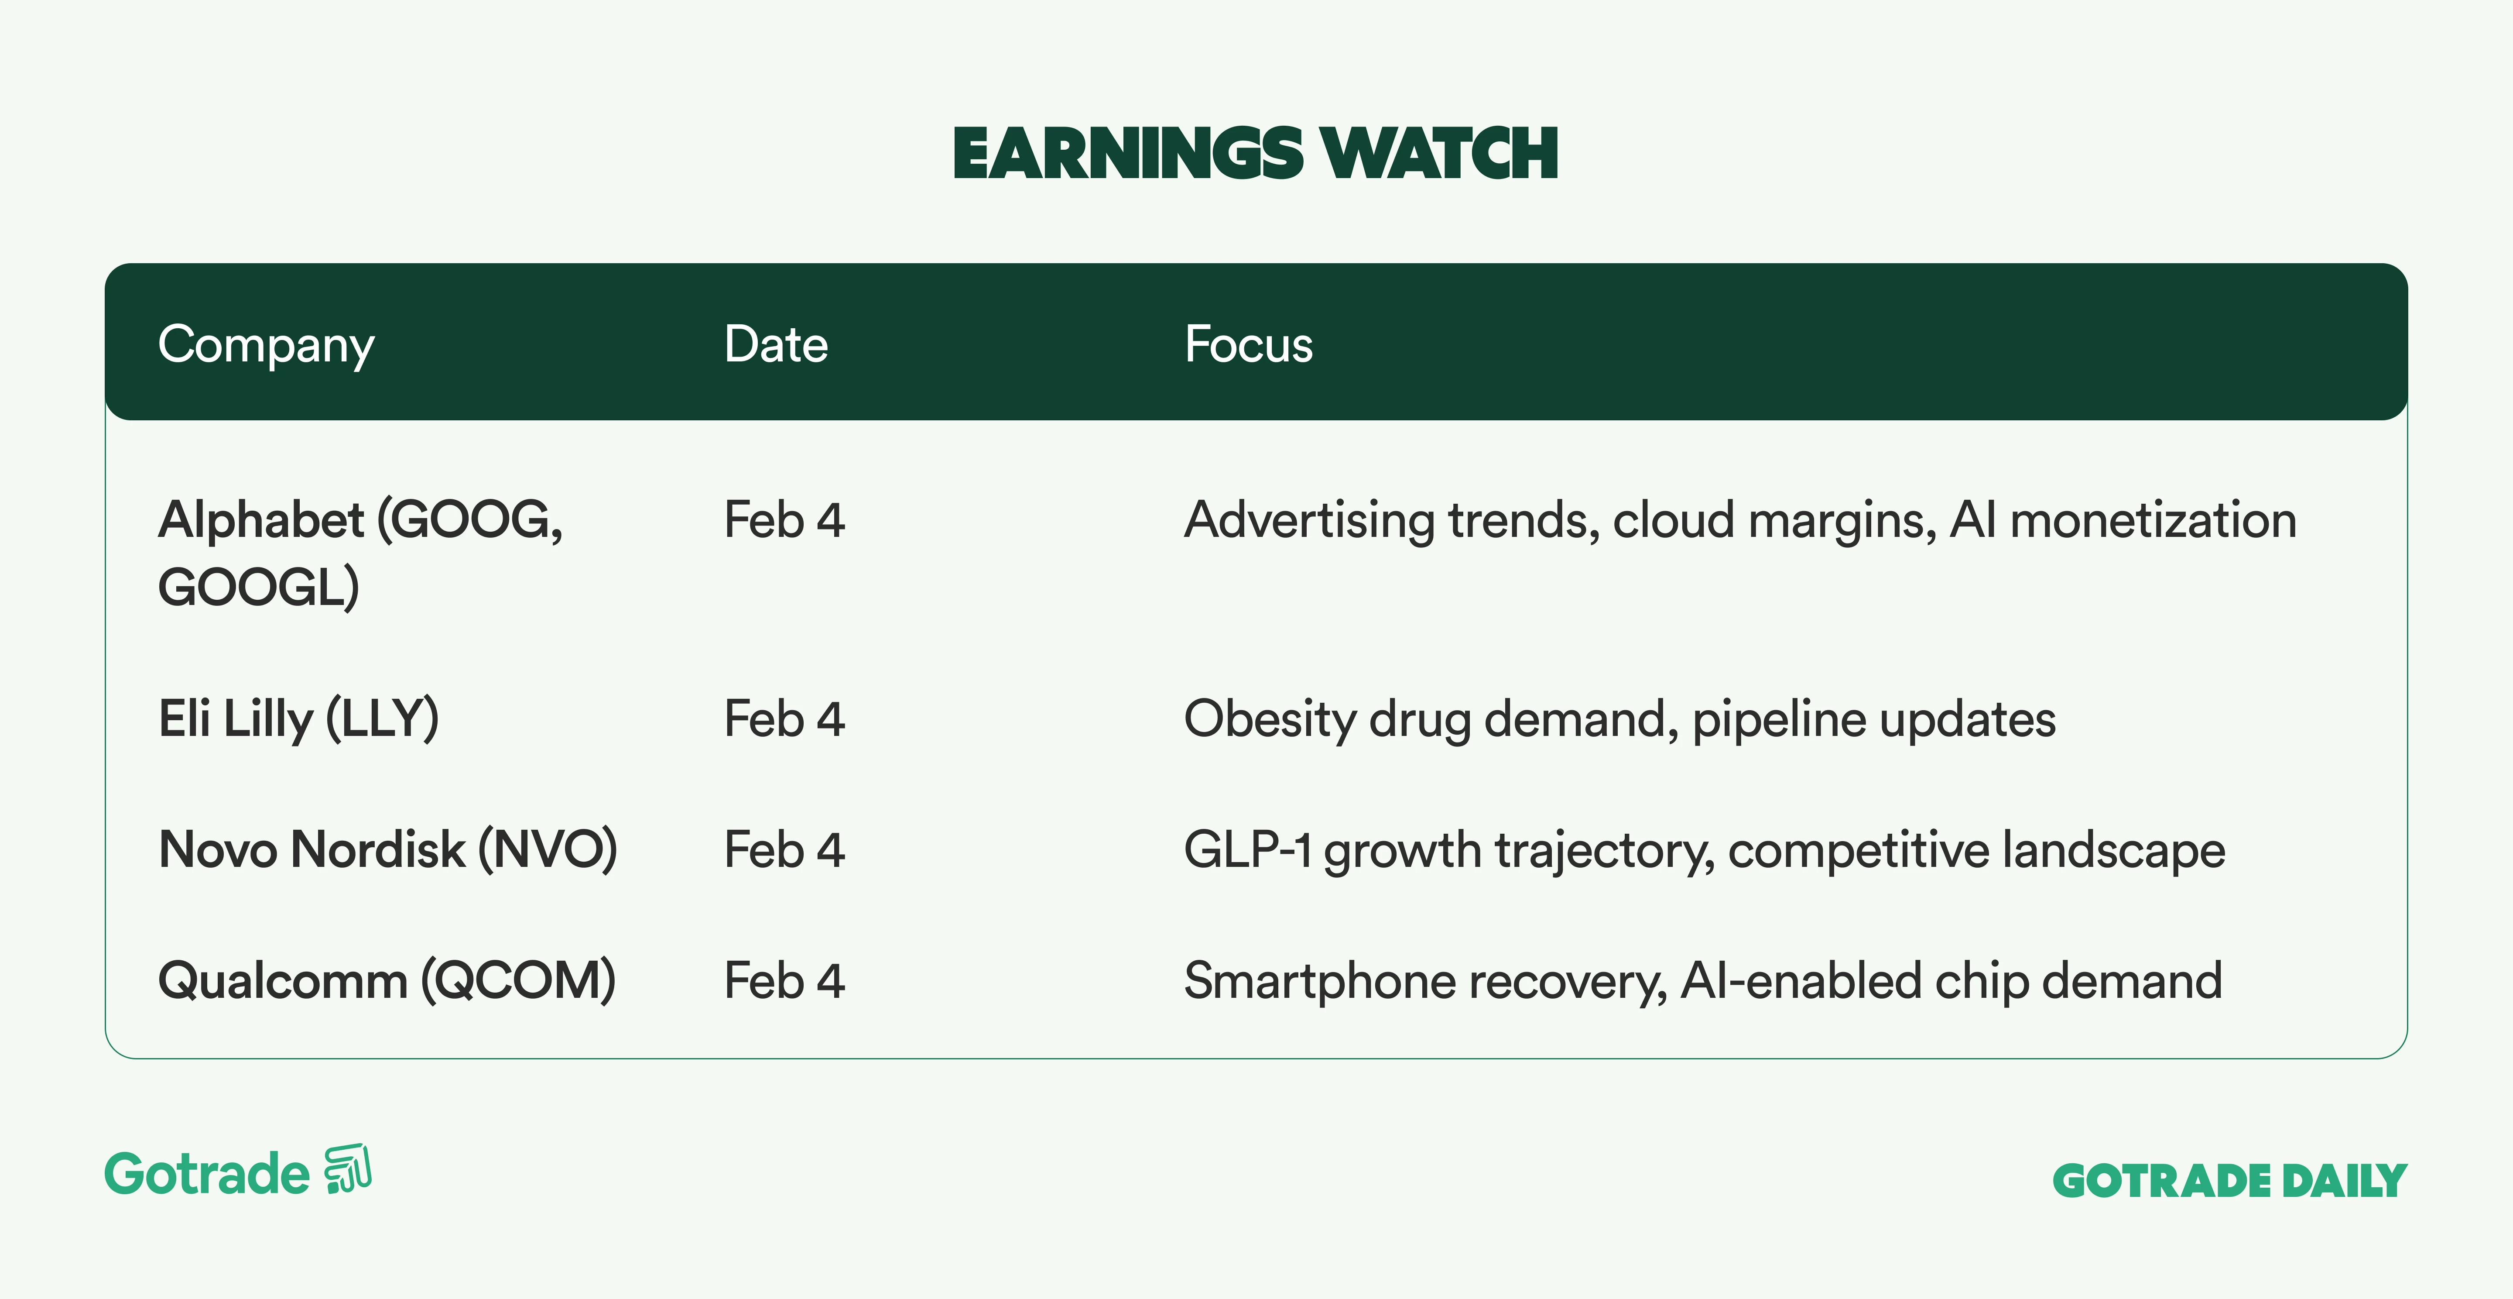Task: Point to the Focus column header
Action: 1249,344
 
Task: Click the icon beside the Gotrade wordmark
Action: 348,1168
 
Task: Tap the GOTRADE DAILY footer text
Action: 2230,1181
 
